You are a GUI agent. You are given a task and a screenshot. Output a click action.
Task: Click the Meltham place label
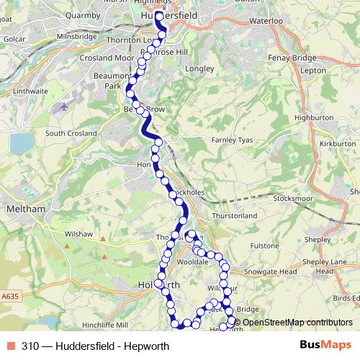tap(25, 209)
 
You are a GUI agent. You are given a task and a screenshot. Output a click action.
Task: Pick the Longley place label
tap(200, 69)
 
